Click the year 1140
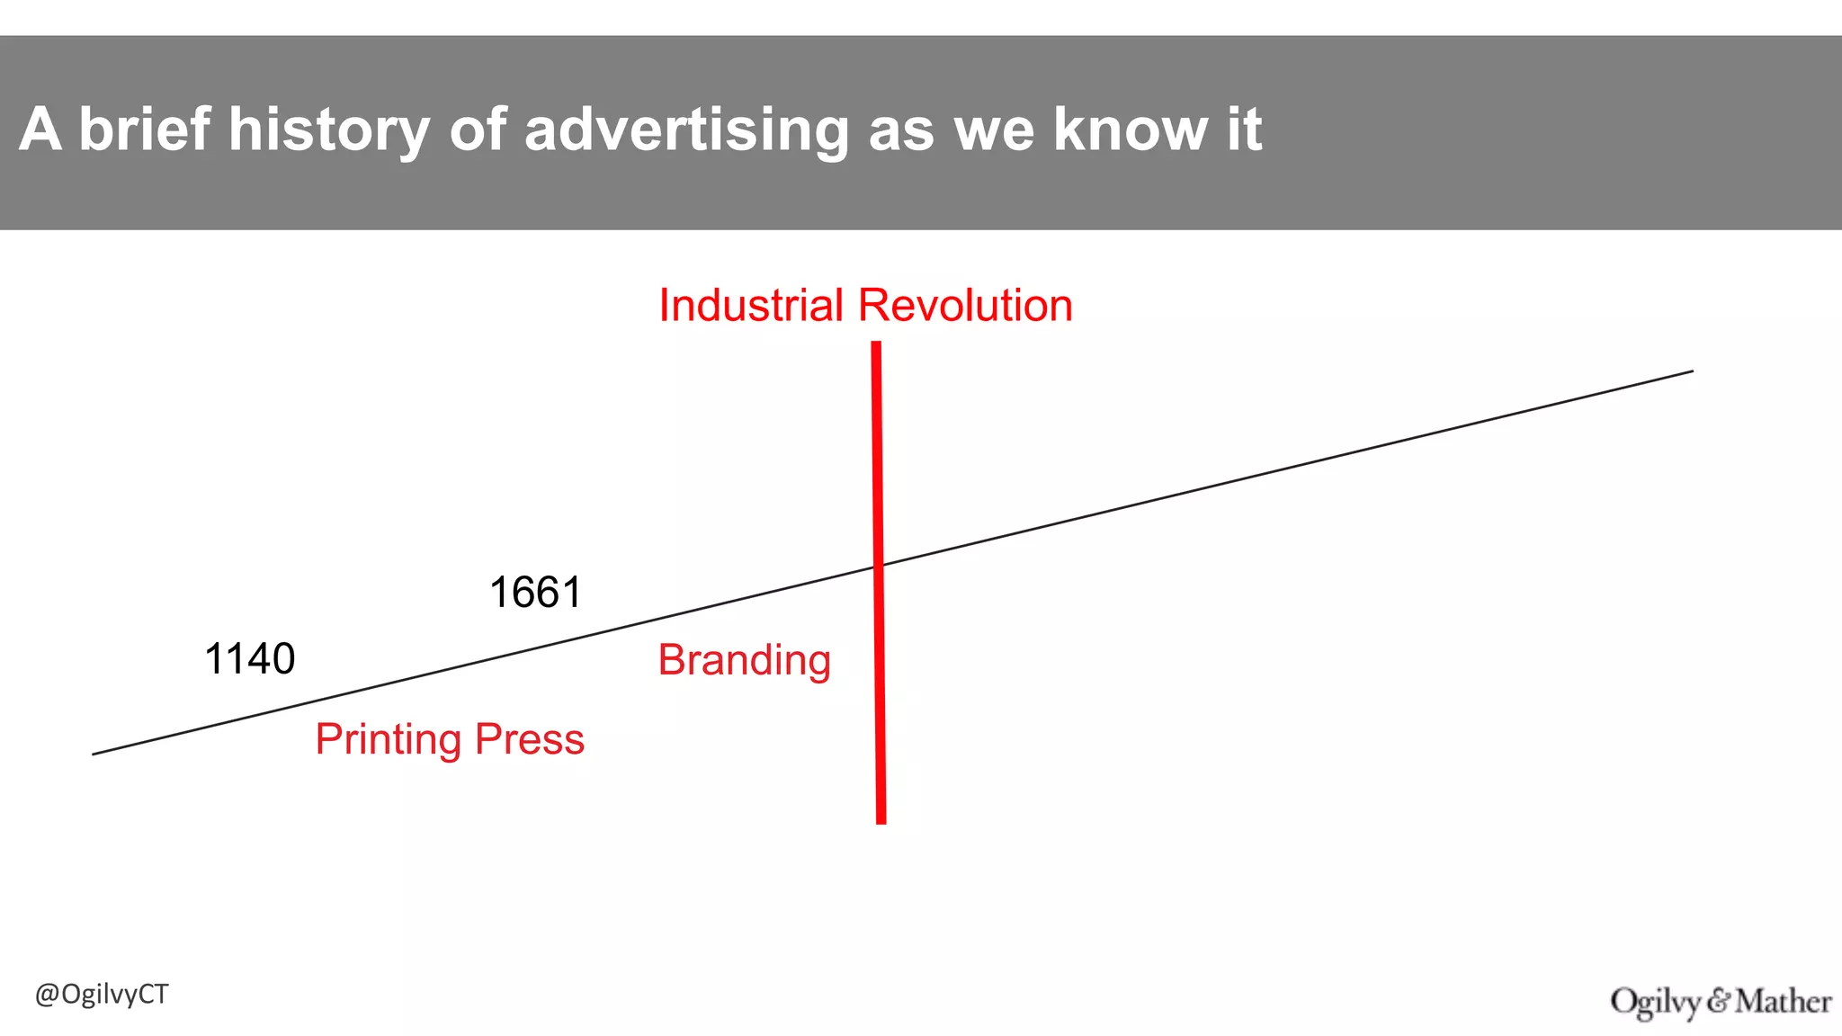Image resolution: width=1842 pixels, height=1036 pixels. click(x=250, y=659)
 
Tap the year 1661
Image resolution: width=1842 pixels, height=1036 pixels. click(x=535, y=594)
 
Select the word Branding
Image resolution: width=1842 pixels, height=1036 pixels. click(x=744, y=661)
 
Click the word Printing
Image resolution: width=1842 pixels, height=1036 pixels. click(x=388, y=740)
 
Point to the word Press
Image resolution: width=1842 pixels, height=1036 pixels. click(x=530, y=740)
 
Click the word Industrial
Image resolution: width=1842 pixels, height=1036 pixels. click(x=750, y=306)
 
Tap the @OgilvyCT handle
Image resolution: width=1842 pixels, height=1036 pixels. click(x=102, y=995)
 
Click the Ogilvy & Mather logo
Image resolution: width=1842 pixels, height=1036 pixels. click(x=1721, y=1002)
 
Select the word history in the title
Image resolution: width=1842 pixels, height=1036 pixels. click(x=329, y=129)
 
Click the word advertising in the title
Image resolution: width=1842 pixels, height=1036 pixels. click(x=686, y=131)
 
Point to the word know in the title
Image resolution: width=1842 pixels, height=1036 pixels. click(x=1130, y=129)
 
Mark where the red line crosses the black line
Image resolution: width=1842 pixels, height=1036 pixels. click(x=879, y=566)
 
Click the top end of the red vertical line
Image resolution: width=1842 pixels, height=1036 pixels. click(x=876, y=344)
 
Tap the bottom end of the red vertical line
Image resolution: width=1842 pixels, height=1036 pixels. click(x=881, y=821)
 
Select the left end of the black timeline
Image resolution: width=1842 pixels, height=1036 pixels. click(x=94, y=754)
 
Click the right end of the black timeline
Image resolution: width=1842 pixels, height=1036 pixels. click(x=1692, y=371)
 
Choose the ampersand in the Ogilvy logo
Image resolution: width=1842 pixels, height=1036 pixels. click(x=1719, y=1000)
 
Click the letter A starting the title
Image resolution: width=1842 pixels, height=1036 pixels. click(x=40, y=129)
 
